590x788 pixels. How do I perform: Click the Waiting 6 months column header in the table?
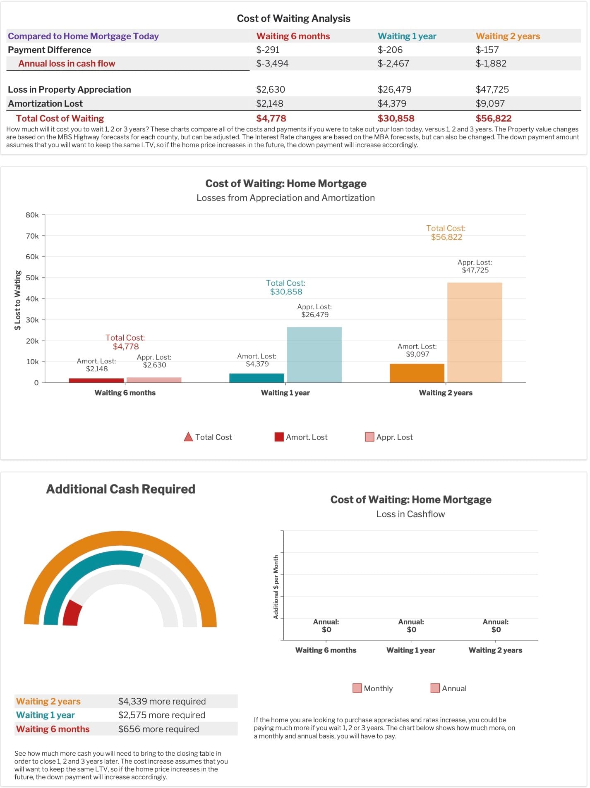[293, 36]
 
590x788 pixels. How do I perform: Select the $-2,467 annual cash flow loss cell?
[393, 63]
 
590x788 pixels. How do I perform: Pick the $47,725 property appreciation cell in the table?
[492, 89]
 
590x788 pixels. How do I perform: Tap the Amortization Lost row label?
[45, 103]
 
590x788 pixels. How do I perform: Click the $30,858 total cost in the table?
[396, 118]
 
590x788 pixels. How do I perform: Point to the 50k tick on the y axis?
[32, 278]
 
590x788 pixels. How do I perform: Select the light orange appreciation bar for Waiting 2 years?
[474, 332]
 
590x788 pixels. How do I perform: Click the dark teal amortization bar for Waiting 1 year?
[257, 378]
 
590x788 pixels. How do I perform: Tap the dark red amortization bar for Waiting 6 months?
[96, 380]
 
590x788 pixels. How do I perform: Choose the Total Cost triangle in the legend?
[188, 437]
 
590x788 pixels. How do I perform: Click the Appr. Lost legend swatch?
[369, 437]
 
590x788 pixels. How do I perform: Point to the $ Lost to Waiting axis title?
[17, 300]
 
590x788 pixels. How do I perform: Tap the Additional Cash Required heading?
[120, 489]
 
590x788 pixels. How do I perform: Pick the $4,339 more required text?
[162, 701]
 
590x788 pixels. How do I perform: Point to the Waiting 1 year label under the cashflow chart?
[410, 650]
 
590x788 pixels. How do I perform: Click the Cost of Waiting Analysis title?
[293, 19]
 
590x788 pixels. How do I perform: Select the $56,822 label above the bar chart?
[446, 237]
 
